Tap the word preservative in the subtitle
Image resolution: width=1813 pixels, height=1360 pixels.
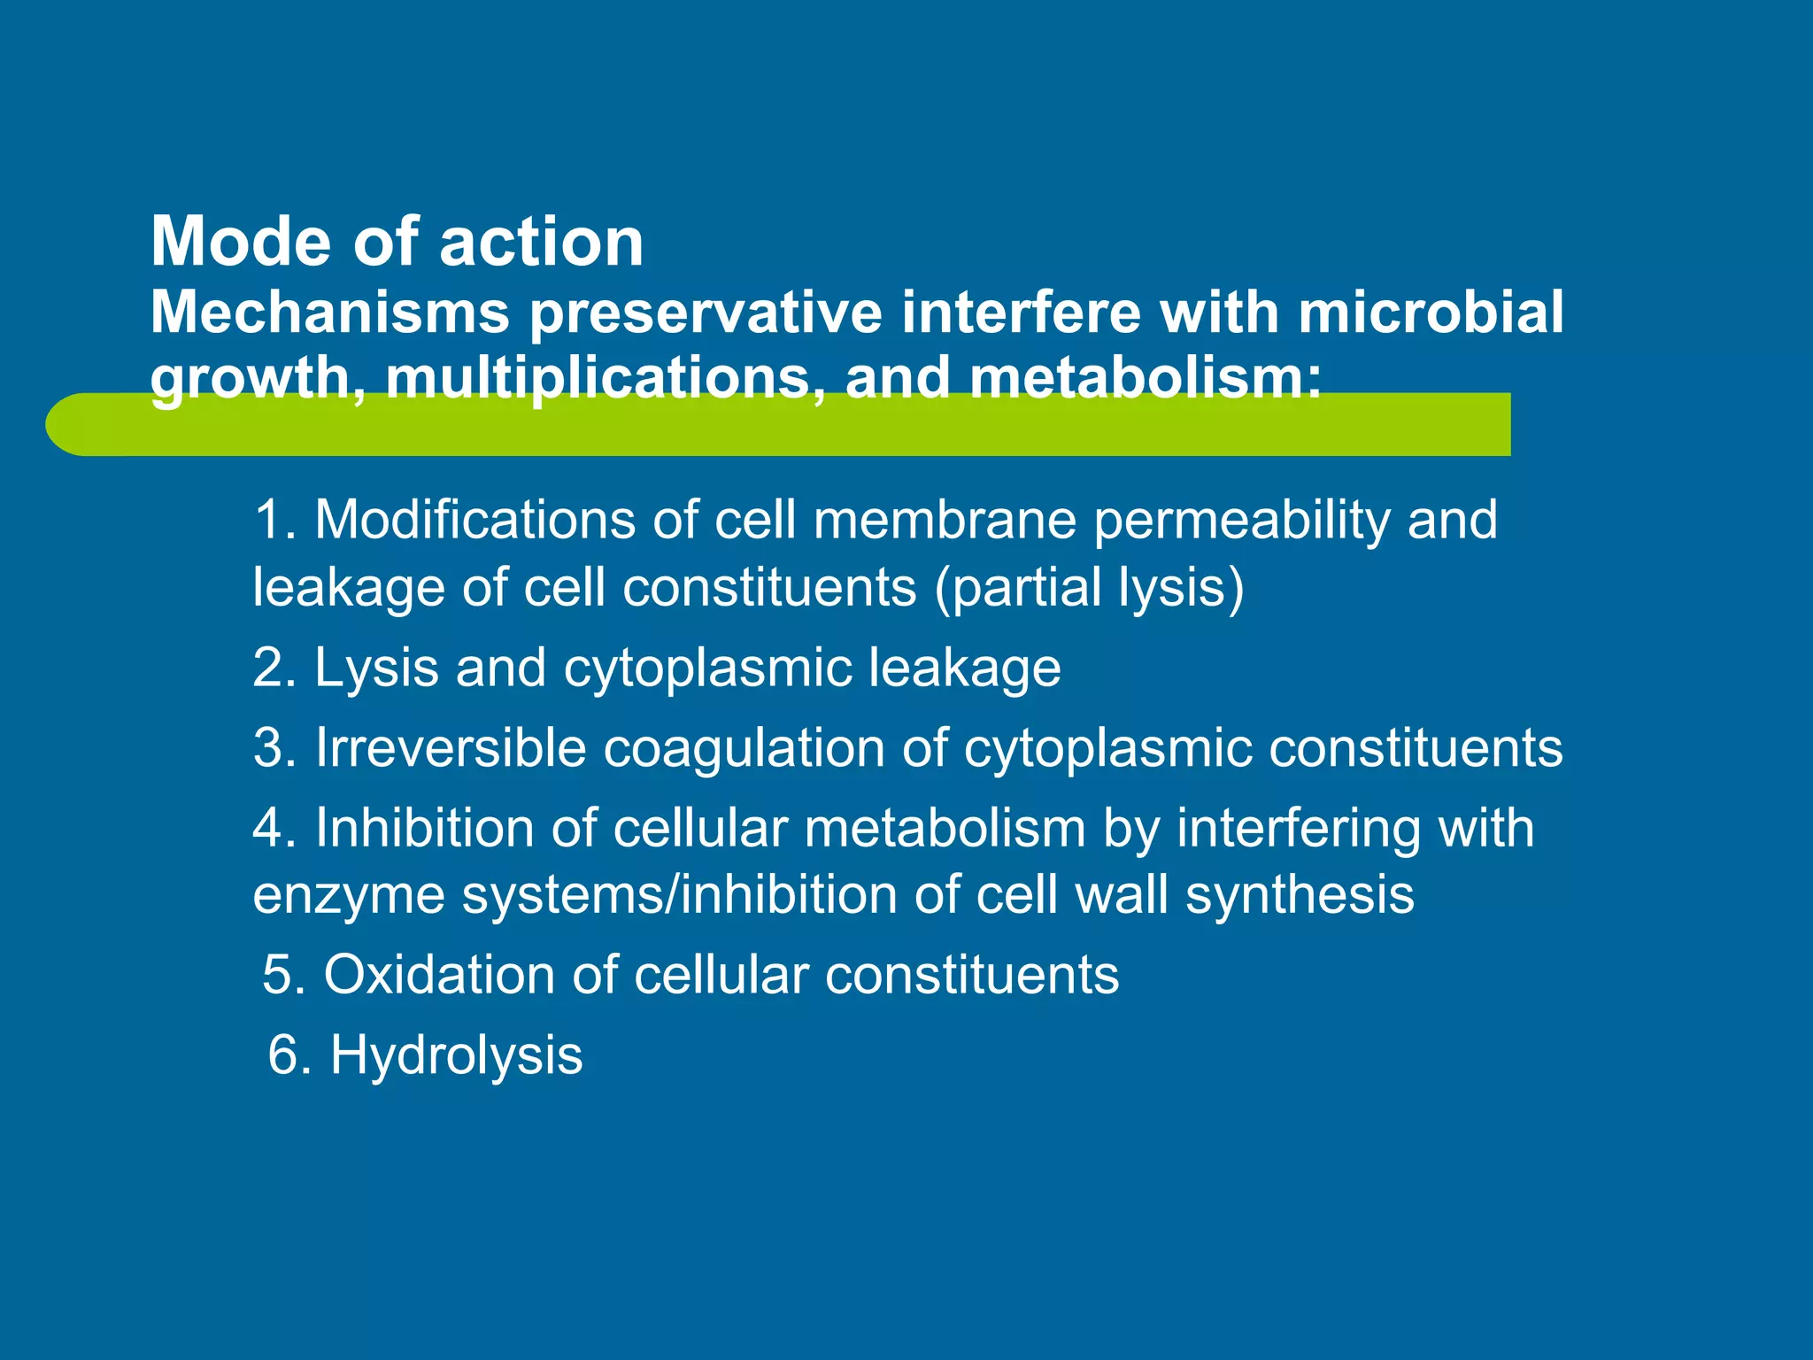[x=706, y=313]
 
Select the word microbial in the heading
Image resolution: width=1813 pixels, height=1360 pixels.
[x=1431, y=313]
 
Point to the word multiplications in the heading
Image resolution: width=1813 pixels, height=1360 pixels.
[x=598, y=377]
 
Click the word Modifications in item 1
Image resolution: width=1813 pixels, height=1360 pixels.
[x=474, y=520]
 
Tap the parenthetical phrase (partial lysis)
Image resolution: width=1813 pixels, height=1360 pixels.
[x=1090, y=588]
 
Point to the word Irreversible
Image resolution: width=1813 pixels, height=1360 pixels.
[x=451, y=747]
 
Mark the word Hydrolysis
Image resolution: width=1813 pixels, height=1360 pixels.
[x=456, y=1055]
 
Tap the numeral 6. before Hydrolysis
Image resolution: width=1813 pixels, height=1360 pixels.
[x=289, y=1055]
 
